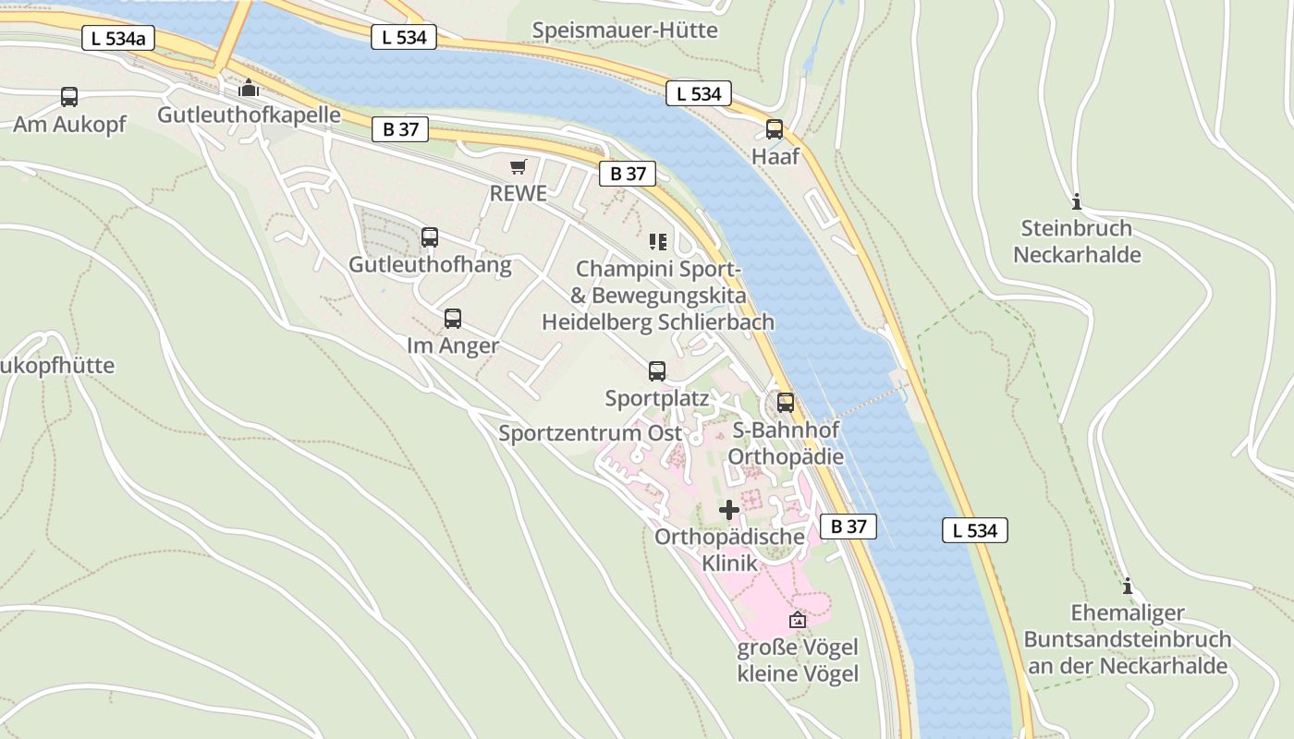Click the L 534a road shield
pos(118,39)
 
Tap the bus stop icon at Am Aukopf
pos(69,96)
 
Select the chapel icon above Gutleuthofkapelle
pos(249,89)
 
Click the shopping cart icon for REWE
pos(519,166)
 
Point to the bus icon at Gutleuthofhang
pos(430,237)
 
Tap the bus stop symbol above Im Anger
pos(453,319)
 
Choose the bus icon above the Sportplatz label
pos(657,371)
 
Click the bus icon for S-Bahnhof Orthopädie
pos(786,403)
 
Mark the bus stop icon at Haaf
pos(775,129)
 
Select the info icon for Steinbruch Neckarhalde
pos(1076,201)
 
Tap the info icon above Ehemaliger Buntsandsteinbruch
pos(1127,586)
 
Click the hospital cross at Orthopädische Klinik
pos(729,509)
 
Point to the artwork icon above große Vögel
pos(798,620)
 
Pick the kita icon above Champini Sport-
pos(657,242)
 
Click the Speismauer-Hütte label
pos(625,30)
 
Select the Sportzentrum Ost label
pos(591,433)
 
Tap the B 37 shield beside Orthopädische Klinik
pos(848,527)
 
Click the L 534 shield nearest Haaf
pos(699,93)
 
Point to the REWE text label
pos(519,194)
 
